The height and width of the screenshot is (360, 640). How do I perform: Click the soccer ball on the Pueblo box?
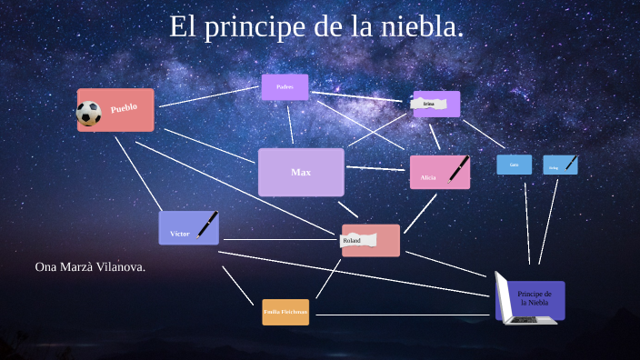pyautogui.click(x=88, y=114)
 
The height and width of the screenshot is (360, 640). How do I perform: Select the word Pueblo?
pyautogui.click(x=124, y=108)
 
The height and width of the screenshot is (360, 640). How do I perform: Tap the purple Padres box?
pyautogui.click(x=285, y=87)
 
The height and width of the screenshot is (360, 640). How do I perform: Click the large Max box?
pyautogui.click(x=301, y=172)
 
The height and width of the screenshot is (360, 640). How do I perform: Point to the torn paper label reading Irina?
pyautogui.click(x=428, y=104)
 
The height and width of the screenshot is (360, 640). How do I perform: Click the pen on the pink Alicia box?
pyautogui.click(x=458, y=168)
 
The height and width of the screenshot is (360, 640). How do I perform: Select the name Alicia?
pyautogui.click(x=428, y=177)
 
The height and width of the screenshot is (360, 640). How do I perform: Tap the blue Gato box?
pyautogui.click(x=514, y=165)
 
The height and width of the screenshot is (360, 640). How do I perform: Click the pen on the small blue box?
pyautogui.click(x=571, y=162)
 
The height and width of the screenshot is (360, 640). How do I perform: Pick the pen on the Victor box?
pyautogui.click(x=208, y=224)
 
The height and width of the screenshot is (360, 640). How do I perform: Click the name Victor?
pyautogui.click(x=179, y=235)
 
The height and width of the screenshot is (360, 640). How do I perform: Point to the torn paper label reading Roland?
pyautogui.click(x=353, y=240)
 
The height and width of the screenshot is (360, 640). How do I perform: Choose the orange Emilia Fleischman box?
pyautogui.click(x=285, y=312)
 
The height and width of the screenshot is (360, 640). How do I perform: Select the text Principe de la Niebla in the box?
pyautogui.click(x=535, y=298)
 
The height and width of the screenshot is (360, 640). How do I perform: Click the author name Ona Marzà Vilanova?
pyautogui.click(x=90, y=267)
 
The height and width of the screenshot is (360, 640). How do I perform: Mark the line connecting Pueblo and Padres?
pyautogui.click(x=209, y=96)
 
